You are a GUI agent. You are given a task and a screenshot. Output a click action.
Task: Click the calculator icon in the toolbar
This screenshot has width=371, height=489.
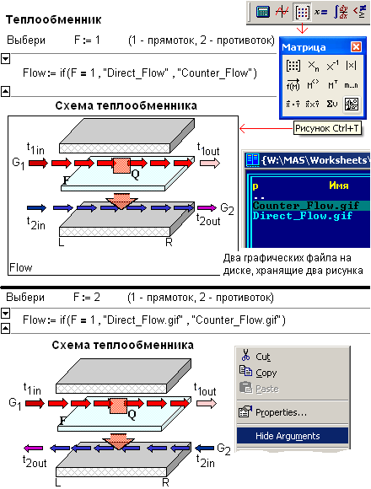[262, 12]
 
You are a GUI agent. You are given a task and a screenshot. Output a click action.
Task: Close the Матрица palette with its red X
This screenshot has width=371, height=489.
[356, 46]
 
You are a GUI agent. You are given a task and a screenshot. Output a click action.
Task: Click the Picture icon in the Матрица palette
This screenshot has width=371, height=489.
[352, 105]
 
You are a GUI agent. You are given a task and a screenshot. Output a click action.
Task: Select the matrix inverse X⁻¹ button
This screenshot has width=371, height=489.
[332, 66]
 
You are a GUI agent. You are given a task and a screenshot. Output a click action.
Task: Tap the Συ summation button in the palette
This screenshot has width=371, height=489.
[332, 104]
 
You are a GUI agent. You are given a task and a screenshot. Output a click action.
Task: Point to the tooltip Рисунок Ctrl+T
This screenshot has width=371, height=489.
[327, 128]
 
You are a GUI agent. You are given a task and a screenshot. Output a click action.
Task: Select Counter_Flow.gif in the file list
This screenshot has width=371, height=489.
[305, 206]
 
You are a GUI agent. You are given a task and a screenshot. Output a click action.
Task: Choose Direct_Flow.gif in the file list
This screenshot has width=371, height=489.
[303, 216]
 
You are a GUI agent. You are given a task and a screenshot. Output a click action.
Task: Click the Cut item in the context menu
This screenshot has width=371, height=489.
[262, 357]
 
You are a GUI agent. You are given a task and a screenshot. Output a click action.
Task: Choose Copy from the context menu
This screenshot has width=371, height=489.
[266, 373]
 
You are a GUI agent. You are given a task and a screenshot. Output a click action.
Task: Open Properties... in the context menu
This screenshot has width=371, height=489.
[281, 412]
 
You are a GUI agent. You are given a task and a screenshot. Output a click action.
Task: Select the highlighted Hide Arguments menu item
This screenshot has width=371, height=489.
[292, 436]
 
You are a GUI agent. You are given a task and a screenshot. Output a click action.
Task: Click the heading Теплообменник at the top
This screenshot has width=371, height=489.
[53, 19]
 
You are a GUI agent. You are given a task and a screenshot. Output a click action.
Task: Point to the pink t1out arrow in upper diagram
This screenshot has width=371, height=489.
[210, 163]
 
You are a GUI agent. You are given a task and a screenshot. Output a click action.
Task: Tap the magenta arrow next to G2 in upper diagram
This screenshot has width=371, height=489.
[207, 207]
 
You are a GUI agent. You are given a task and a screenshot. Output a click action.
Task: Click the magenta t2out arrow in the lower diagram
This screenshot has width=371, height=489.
[34, 449]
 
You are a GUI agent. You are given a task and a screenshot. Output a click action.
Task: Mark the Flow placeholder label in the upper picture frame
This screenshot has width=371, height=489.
[20, 267]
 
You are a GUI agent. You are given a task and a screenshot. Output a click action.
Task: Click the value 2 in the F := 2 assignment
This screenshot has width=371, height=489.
[97, 298]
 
